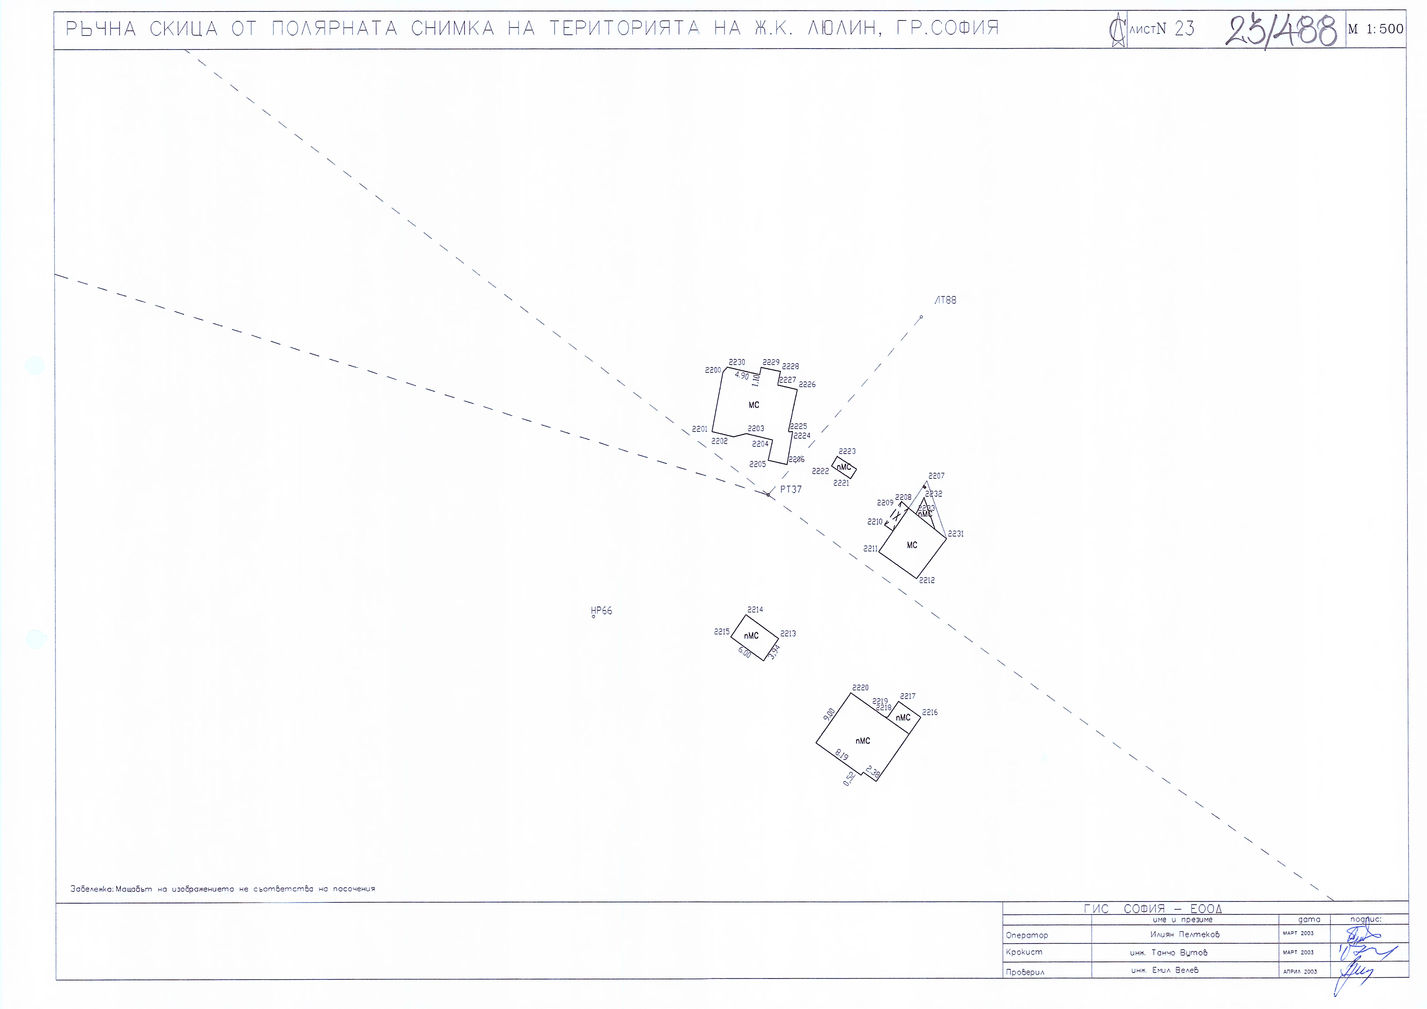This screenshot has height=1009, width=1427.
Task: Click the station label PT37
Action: pos(791,489)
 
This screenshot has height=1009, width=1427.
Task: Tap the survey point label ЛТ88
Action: pos(945,300)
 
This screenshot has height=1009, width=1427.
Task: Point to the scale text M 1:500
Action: pos(1375,29)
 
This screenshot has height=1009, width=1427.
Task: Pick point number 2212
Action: pos(927,580)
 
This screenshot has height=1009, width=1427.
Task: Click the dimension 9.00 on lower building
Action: pos(829,714)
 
